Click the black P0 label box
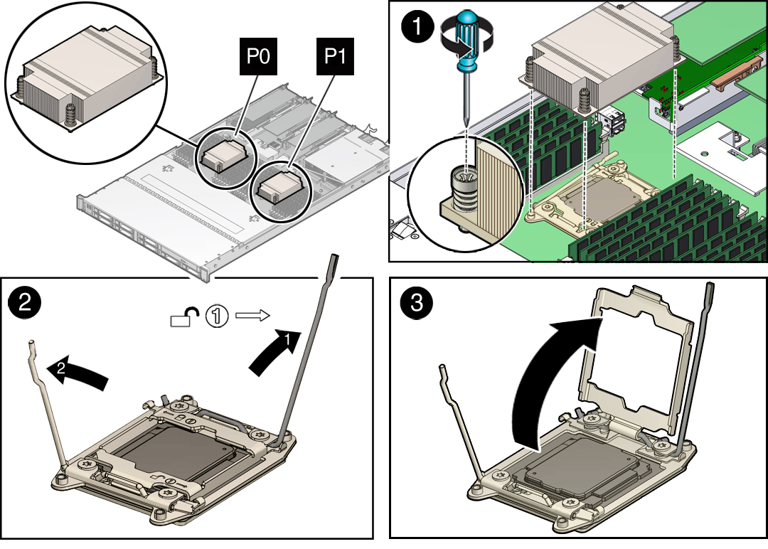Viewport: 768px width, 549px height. (257, 56)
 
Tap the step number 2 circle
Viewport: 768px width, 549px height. (24, 302)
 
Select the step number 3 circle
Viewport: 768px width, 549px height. (417, 302)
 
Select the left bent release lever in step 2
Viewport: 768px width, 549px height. (50, 405)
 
